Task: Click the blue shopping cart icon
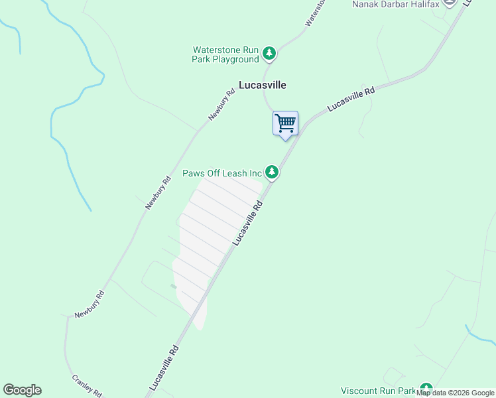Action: tap(285, 123)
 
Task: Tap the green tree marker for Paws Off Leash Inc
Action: tap(272, 172)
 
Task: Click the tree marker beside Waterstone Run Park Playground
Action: tap(269, 53)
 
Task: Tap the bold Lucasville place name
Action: tap(262, 85)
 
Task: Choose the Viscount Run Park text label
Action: tap(377, 391)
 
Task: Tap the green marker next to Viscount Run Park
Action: tap(426, 389)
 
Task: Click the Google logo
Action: tap(22, 390)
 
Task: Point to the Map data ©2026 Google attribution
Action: tap(456, 393)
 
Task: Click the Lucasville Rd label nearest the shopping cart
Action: tap(351, 100)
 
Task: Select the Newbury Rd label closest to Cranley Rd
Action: tap(90, 304)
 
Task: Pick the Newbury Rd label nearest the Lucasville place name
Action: tap(221, 105)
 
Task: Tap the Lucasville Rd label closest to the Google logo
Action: tap(164, 366)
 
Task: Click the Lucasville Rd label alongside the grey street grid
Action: tap(248, 224)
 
